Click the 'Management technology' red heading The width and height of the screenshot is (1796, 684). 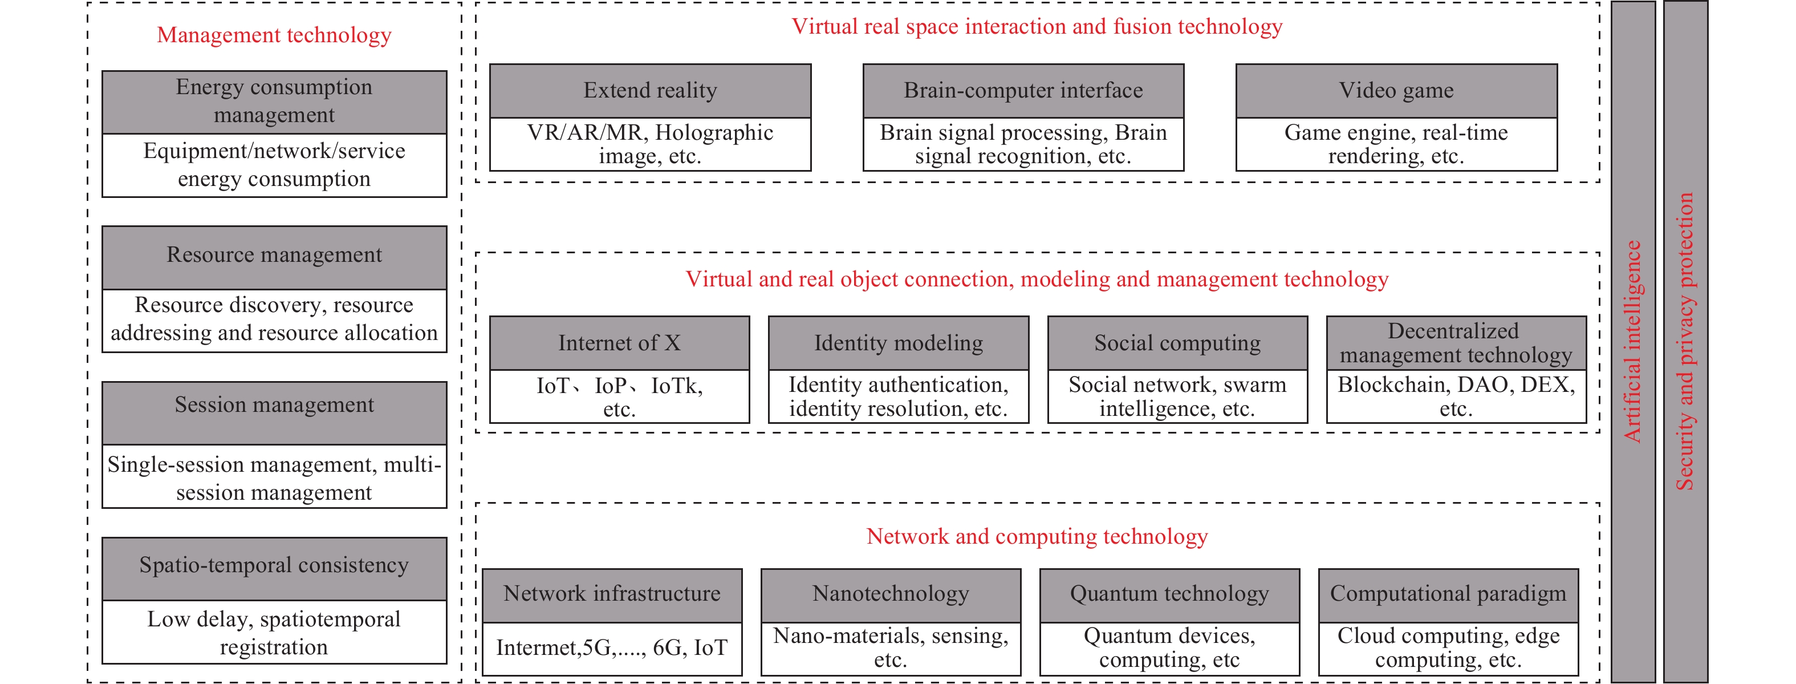click(x=274, y=35)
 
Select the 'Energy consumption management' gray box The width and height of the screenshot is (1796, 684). click(x=274, y=102)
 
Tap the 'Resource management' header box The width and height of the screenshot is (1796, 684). click(x=274, y=257)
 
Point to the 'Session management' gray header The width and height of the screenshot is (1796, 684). click(x=274, y=413)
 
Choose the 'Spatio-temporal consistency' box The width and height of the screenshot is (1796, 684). click(x=274, y=569)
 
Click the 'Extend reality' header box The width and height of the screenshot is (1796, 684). click(x=651, y=91)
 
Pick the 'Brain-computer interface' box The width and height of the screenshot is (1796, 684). click(x=1023, y=91)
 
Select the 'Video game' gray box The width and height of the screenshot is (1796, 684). click(x=1396, y=91)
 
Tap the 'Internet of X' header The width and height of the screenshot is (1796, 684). click(x=620, y=343)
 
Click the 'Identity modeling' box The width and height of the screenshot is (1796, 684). click(x=899, y=343)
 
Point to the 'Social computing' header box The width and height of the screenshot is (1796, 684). click(x=1177, y=343)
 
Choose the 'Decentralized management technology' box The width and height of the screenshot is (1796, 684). click(x=1456, y=343)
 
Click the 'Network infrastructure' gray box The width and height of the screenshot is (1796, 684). click(x=612, y=596)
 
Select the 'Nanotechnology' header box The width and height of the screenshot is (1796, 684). click(x=891, y=596)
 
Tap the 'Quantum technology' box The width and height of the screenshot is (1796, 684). click(x=1170, y=596)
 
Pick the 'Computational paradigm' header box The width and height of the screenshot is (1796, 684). click(x=1449, y=596)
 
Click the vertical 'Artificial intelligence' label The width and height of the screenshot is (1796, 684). click(x=1632, y=342)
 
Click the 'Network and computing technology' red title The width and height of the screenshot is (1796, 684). click(x=1038, y=536)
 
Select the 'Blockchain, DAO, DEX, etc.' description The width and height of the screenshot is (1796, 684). click(x=1456, y=396)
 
